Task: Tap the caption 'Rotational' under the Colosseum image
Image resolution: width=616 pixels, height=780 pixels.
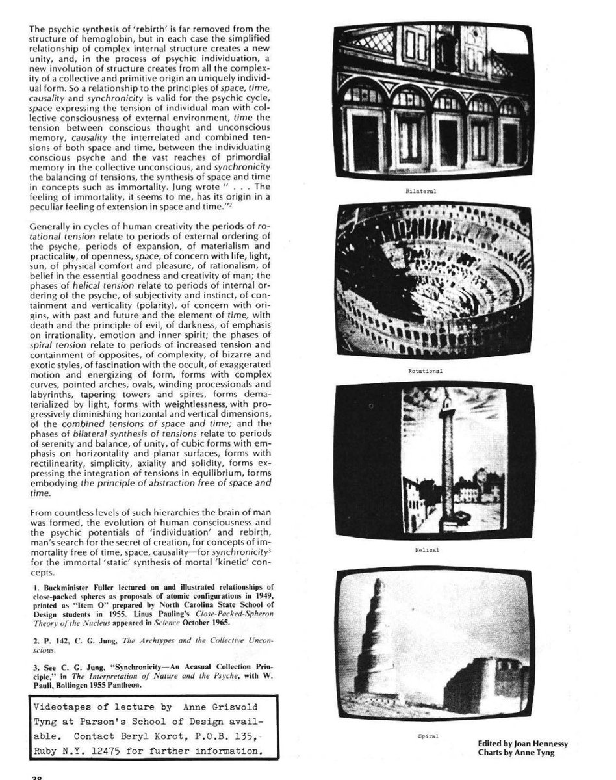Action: coord(426,371)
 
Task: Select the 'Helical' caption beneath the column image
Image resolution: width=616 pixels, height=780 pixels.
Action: coord(426,550)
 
